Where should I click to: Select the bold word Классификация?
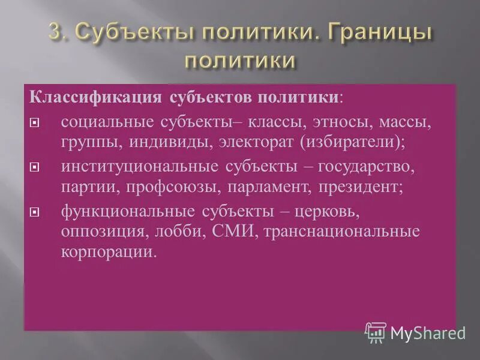95,97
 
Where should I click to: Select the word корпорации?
108,253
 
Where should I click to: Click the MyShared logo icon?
376,332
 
